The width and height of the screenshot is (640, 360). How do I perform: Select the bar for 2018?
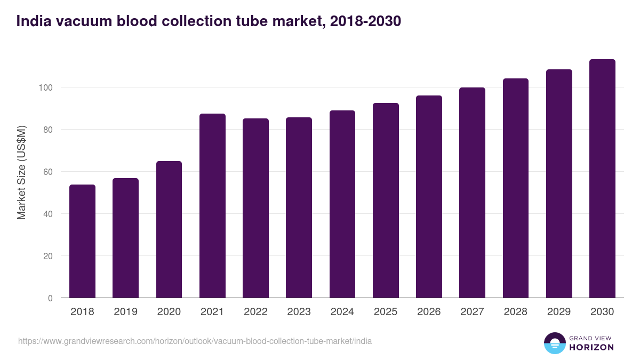tap(82, 241)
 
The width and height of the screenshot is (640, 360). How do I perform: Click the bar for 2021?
tap(212, 206)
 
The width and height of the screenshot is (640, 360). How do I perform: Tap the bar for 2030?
tap(602, 179)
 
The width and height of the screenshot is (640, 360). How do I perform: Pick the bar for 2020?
tap(169, 229)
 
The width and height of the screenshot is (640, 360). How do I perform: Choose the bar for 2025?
tap(386, 201)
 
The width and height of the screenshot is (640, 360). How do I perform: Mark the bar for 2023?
tap(299, 207)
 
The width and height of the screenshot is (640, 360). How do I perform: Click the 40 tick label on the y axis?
tap(49, 214)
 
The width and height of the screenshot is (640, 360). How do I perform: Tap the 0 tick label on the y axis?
tap(51, 298)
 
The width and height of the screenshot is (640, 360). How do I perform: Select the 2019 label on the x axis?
tap(126, 312)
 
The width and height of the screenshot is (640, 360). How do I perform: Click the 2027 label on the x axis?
tap(472, 312)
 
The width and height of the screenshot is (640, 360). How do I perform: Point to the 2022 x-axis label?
tap(255, 312)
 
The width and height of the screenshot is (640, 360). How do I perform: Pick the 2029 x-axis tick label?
tap(559, 312)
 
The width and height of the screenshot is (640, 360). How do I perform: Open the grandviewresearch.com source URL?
tap(195, 341)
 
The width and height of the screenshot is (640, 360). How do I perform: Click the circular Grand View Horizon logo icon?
tap(554, 343)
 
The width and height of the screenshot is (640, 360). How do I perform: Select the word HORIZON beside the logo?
tap(592, 347)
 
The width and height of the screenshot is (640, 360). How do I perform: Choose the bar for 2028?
tap(515, 188)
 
